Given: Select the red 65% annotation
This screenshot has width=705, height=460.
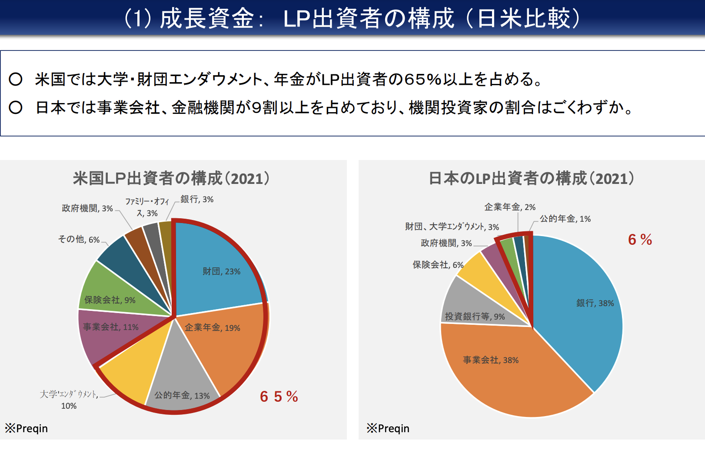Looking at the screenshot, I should point(279,397).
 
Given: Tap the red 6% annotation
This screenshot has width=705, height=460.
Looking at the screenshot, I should point(640,240).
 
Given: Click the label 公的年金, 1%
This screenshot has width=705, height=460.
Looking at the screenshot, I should point(565,219).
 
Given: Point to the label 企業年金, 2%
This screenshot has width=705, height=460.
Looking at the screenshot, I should point(510,207).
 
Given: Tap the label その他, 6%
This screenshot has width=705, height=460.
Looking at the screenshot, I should point(79,239).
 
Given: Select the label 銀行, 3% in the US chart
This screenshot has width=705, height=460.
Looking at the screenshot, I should point(197,199).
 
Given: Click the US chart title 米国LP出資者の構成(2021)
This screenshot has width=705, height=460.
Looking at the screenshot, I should point(171,178).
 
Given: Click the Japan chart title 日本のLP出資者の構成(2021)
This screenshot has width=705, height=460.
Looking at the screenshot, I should point(531,178).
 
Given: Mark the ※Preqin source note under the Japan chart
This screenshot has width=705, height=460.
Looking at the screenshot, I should point(388,428).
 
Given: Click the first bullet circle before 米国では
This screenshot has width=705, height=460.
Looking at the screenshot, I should point(16,79).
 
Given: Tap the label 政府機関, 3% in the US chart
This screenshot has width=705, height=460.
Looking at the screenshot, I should point(87,208).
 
